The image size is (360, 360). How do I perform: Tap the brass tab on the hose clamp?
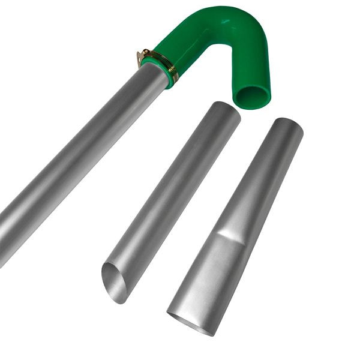click(142, 57)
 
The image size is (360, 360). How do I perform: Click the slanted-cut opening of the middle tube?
click(115, 282)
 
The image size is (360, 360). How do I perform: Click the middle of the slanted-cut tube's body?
click(171, 192)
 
